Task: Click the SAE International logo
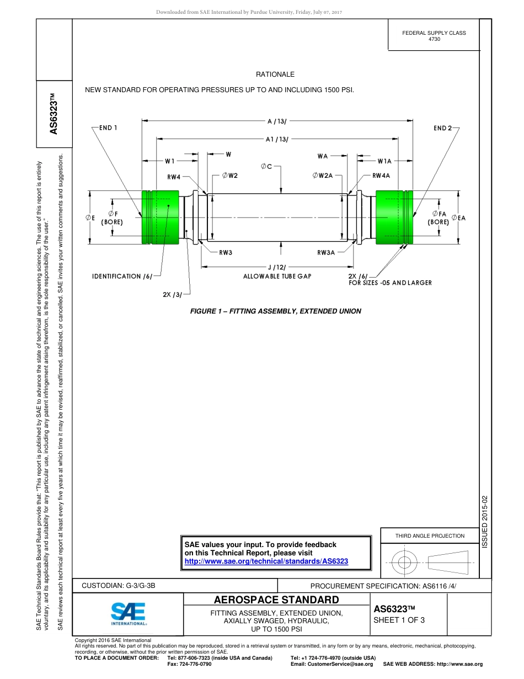point(128,613)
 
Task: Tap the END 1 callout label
point(108,128)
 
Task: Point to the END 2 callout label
point(442,128)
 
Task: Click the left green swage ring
point(160,217)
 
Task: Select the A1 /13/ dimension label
point(277,140)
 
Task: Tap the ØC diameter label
point(266,166)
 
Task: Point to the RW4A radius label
point(381,176)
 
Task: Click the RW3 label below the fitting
point(226,252)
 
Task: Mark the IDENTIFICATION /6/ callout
point(122,276)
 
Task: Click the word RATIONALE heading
point(275,75)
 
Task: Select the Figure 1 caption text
point(275,311)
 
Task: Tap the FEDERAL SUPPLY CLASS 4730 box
point(434,36)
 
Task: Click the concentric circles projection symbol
point(405,563)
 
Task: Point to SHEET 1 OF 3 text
point(399,620)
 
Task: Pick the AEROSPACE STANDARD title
point(276,600)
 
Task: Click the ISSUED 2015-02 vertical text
point(485,522)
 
